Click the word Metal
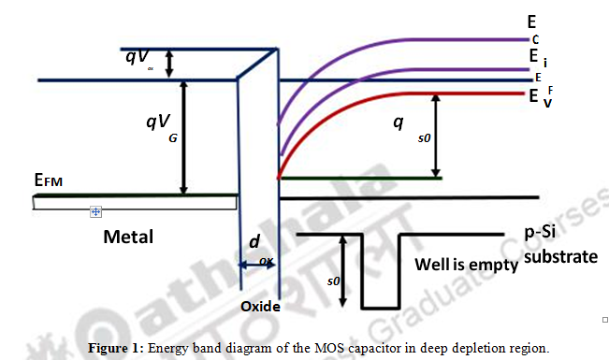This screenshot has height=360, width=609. pos(128,237)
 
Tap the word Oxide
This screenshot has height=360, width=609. pos(259,306)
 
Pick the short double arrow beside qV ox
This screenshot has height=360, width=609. pos(169,64)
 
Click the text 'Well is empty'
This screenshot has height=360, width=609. pos(465,265)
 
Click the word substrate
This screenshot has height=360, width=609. pos(560,255)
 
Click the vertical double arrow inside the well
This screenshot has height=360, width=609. pos(345,270)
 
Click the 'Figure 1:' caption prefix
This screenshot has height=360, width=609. pos(114,347)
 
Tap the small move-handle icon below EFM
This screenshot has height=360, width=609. pos(94,212)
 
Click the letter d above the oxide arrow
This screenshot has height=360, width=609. pos(254,241)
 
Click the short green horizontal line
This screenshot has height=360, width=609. pos(361,178)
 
